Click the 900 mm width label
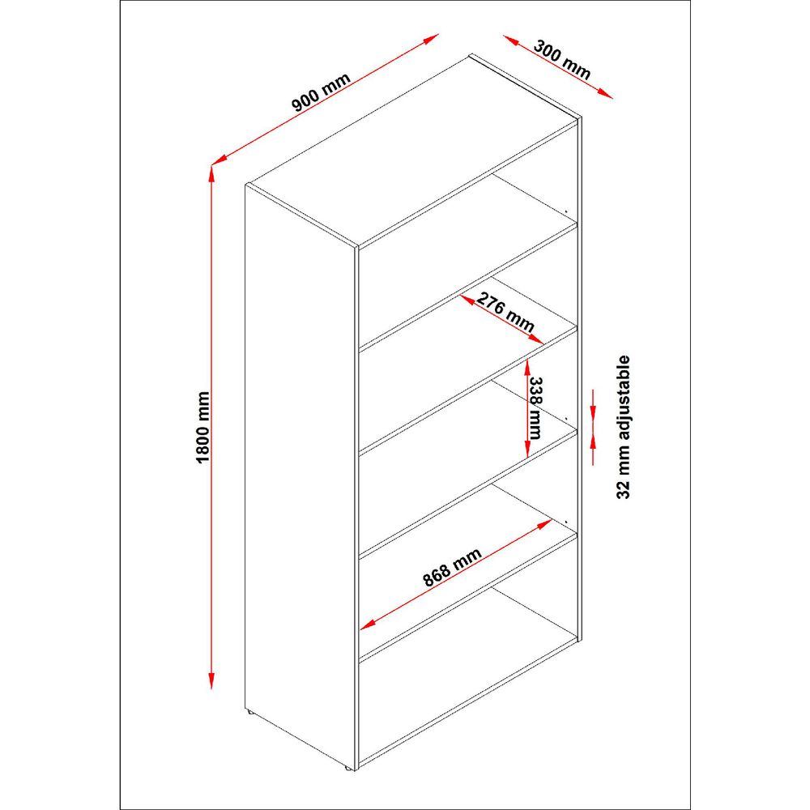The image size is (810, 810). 322,95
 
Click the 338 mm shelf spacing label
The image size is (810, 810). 535,407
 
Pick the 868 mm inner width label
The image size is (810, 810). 452,567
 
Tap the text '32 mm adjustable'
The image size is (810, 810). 623,427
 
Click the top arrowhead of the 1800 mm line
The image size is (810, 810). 213,172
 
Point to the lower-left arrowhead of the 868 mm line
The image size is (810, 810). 367,625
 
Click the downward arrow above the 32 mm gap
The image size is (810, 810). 595,405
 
